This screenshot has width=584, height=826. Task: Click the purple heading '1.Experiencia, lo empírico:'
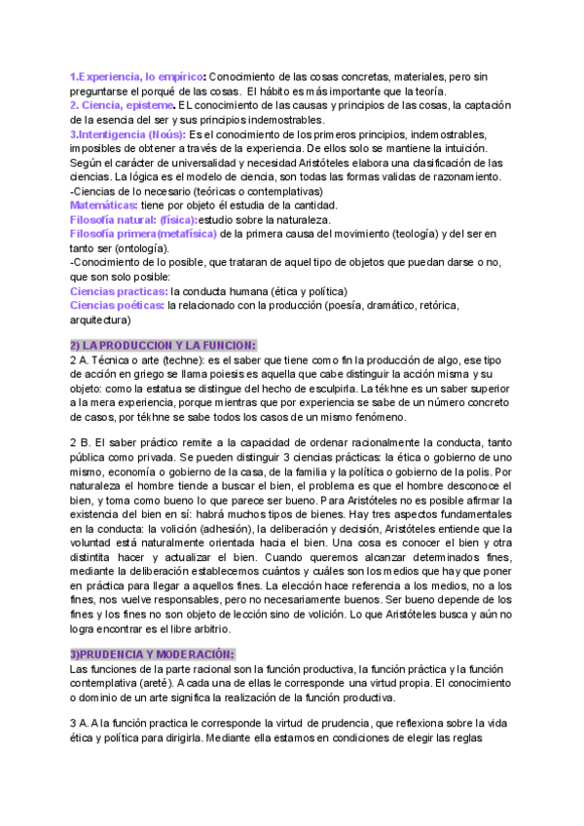coord(137,76)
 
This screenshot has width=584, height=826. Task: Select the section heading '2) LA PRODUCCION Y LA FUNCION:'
coord(163,345)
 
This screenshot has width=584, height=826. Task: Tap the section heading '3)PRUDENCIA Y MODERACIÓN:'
coord(152,654)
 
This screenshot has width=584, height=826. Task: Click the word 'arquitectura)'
coord(100,319)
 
